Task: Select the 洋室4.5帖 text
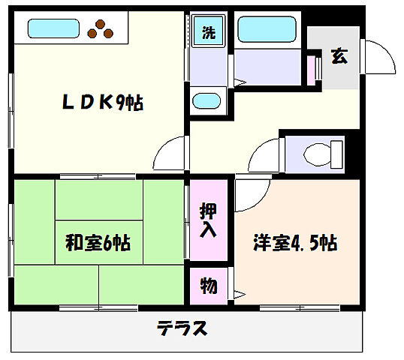(x=294, y=243)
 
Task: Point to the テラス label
(x=182, y=328)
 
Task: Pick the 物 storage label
(x=208, y=286)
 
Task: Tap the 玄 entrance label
(x=339, y=56)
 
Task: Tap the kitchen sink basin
(x=53, y=30)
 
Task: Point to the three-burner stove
(x=101, y=28)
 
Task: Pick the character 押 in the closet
(x=208, y=209)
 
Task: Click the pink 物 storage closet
(x=208, y=286)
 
